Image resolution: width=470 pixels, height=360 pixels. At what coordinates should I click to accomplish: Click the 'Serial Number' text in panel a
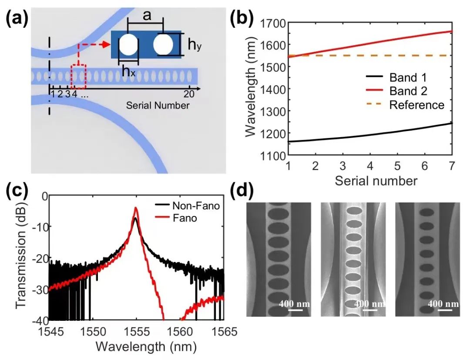coord(158,105)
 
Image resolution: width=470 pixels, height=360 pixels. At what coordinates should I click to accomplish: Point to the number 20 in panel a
coord(189,94)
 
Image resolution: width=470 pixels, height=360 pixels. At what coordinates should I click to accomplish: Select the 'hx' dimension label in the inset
coord(128,72)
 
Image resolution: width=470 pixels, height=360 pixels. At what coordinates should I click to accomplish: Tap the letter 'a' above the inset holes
coord(147,17)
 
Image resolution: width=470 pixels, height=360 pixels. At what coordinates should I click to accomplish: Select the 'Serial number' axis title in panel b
coord(376,180)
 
